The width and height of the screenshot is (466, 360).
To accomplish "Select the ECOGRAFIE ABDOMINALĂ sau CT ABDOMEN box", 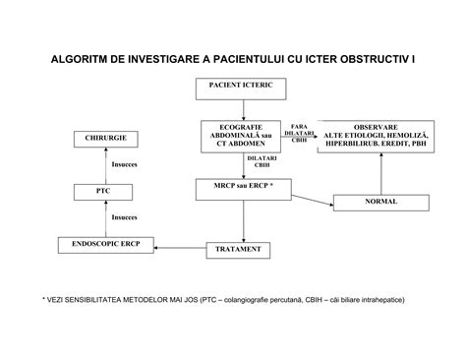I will click(242, 135).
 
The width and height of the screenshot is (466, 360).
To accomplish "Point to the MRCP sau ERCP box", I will click(242, 185).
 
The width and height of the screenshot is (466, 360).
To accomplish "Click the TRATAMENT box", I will click(238, 250).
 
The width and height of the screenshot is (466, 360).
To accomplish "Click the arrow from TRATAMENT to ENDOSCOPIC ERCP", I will click(183, 247).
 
